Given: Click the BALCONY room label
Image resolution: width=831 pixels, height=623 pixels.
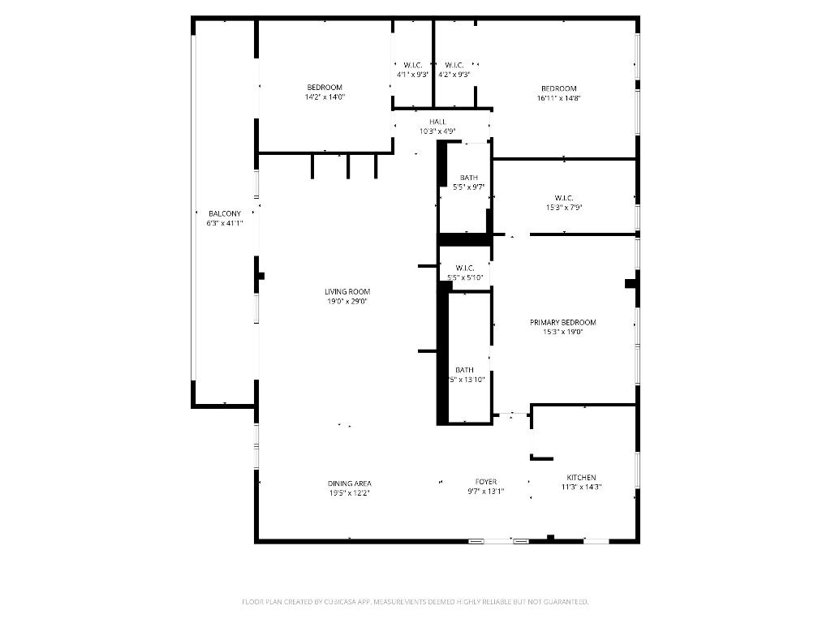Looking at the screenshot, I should coord(225,213).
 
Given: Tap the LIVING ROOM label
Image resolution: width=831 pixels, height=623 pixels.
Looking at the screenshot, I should coord(347,291).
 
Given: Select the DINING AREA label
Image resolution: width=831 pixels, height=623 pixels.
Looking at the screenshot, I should coord(350,483).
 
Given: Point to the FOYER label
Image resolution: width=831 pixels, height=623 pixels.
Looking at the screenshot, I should coord(486,482).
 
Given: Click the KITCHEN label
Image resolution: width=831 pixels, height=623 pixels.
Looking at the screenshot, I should coord(581,478).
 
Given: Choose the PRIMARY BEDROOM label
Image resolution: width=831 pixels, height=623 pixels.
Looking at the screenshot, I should coord(563,322).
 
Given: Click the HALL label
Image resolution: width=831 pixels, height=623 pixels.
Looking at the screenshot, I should coord(437,122).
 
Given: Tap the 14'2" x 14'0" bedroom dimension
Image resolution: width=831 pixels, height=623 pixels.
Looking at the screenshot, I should coord(325,97).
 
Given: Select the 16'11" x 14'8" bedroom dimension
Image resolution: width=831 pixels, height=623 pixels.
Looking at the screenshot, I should coord(559,98).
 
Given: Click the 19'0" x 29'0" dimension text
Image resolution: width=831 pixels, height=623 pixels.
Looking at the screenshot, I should coord(347,301).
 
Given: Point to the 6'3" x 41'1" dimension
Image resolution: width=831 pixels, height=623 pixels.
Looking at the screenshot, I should coord(225,223).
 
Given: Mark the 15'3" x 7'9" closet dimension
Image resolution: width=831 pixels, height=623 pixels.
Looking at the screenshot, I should coord(564,207).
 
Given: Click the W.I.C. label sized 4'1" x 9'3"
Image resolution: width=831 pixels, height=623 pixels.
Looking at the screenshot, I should coord(412,65).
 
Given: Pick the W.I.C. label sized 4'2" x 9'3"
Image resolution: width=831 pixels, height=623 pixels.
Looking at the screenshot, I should coord(454,65).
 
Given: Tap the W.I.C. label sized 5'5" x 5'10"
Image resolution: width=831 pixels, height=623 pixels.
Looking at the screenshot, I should coord(465,269).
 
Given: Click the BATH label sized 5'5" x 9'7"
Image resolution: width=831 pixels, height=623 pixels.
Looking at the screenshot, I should coord(469,178).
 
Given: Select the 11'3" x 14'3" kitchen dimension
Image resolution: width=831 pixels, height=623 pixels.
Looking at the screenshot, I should coord(581,488).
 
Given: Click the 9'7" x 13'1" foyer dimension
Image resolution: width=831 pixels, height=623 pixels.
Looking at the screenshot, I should coord(486,491).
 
